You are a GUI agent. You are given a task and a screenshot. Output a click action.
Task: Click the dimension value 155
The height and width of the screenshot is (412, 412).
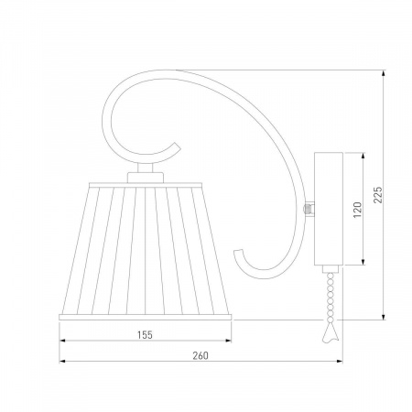coord(145,335)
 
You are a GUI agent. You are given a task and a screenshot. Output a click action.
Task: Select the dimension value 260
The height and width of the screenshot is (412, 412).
coord(201,355)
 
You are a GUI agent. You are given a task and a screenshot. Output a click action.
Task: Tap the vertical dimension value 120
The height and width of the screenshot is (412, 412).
coord(357,210)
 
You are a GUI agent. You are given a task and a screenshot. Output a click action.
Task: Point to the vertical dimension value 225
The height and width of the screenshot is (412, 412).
coord(378,195)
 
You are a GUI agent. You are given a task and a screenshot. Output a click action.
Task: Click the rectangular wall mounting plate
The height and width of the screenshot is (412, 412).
coord(329,209)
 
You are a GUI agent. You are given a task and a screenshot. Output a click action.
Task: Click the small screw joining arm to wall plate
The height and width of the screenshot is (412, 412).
coord(307,209)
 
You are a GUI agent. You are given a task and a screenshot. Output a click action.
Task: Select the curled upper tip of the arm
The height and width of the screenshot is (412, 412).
coord(176,146)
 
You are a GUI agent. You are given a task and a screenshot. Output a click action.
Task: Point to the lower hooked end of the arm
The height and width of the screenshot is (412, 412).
coord(239,253)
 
